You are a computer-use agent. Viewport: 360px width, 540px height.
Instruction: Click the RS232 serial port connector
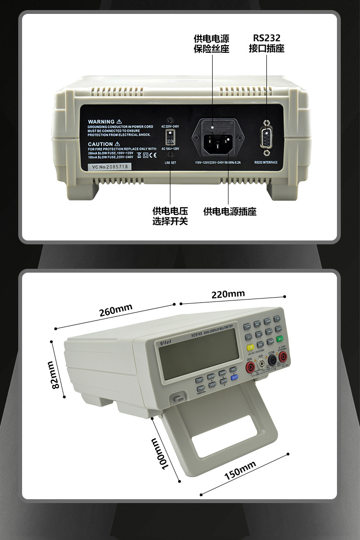[x=266, y=138]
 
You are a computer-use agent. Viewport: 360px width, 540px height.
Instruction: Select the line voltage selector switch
[x=169, y=138]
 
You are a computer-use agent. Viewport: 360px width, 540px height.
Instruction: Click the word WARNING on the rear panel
[x=101, y=122]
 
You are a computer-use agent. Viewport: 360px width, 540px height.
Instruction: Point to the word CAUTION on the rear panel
[x=100, y=144]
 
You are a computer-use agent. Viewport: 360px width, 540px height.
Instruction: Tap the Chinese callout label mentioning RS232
[x=266, y=43]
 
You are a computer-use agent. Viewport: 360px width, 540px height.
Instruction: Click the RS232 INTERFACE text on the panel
[x=266, y=162]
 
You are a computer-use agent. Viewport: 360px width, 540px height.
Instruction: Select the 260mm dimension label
[x=116, y=311]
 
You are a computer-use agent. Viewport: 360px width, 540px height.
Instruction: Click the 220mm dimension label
[x=228, y=294]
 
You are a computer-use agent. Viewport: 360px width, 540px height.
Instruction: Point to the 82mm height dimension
[x=56, y=375]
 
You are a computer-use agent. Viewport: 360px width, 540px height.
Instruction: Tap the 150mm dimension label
[x=240, y=470]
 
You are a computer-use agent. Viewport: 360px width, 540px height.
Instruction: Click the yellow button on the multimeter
[x=250, y=348]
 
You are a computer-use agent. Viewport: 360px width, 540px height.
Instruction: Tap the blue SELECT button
[x=235, y=377]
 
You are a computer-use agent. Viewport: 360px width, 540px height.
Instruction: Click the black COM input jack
[x=272, y=364]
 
